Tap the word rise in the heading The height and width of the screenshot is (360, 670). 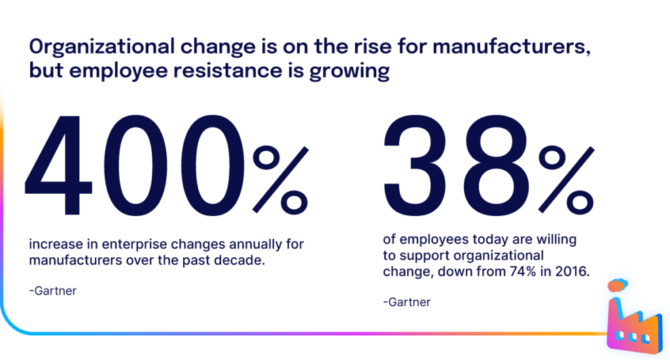359,48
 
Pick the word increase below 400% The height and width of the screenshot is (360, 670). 52,245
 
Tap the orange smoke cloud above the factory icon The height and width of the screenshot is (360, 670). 617,285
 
